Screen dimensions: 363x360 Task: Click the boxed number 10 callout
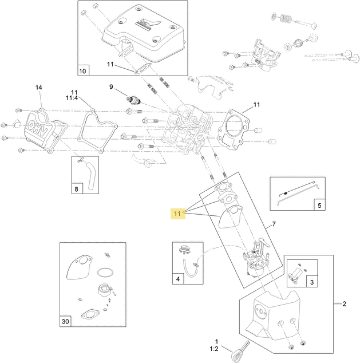coord(82,71)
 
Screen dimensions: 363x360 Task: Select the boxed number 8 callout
coord(77,188)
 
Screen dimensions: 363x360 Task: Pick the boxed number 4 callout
coord(178,279)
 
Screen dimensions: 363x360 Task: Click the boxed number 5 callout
coord(319,204)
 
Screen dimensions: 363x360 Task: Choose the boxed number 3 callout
coord(311,282)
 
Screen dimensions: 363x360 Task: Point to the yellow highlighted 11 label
coord(177,214)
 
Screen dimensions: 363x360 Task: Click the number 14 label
coord(39,88)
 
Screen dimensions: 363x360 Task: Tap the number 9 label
coord(112,87)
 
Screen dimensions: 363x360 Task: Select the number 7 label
coord(274,223)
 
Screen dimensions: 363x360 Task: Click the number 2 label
coord(344,303)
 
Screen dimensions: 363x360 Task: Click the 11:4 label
coord(74,98)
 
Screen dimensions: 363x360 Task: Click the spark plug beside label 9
coord(133,98)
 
